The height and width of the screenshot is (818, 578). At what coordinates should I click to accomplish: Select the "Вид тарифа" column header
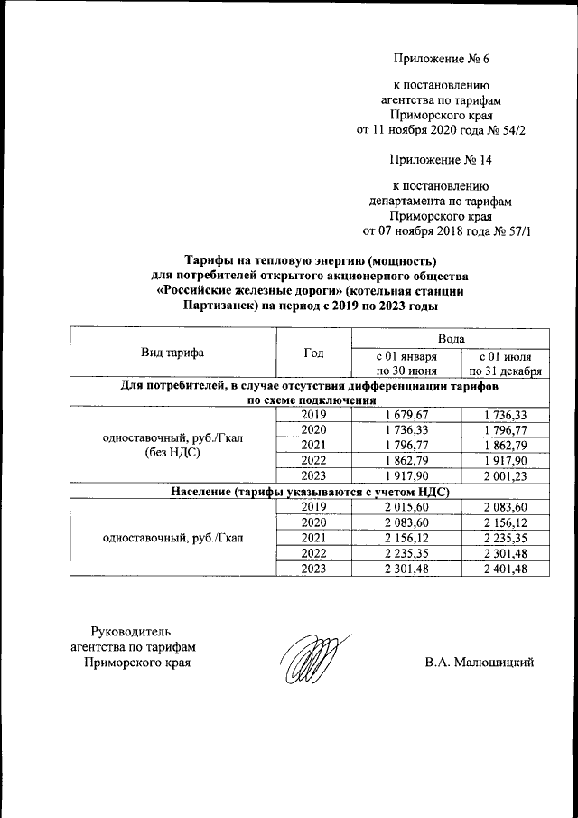click(172, 353)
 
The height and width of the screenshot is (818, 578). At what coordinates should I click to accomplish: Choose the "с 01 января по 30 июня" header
click(406, 362)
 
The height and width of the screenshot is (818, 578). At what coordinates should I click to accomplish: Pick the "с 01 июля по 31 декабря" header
click(505, 362)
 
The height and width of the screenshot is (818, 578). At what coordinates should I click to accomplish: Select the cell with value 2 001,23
click(505, 476)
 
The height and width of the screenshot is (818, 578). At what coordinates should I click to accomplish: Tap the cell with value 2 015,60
click(406, 507)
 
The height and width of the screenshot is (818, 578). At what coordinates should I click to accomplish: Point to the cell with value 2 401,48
click(505, 569)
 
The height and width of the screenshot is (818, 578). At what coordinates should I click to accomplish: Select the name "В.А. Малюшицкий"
click(480, 663)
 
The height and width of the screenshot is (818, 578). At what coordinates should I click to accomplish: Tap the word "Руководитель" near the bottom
click(131, 630)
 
